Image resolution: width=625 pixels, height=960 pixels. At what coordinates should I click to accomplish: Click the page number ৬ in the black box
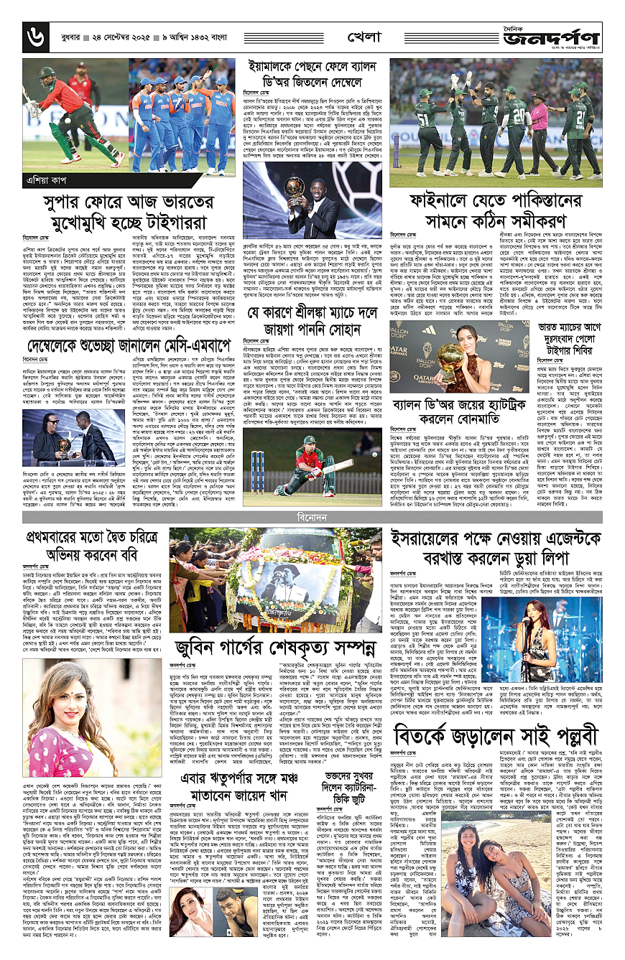(x=33, y=34)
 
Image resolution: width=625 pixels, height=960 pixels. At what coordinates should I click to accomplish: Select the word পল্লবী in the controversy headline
(x=564, y=714)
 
